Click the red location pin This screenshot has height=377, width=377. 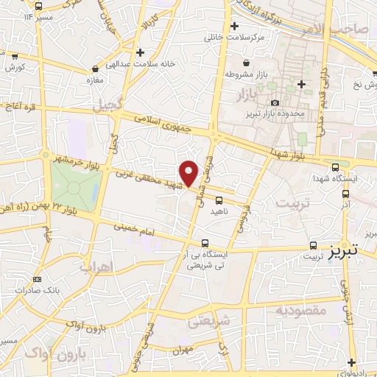pos(189,172)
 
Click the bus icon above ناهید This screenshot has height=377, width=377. pos(219,200)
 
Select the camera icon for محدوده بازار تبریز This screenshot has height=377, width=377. pos(275,103)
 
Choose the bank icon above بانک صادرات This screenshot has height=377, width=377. pos(38,280)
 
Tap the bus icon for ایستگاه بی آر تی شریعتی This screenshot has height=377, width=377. pos(205,243)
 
